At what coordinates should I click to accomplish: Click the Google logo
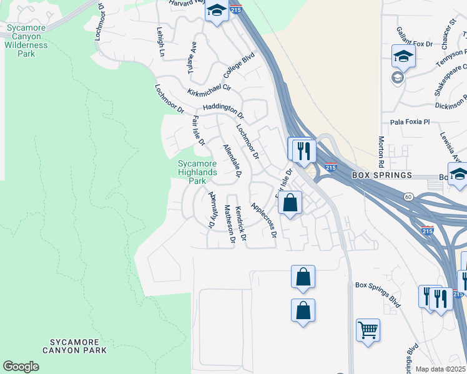pyautogui.click(x=21, y=367)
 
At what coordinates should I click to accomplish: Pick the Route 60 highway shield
pyautogui.click(x=408, y=196)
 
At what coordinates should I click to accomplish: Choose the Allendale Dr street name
pyautogui.click(x=232, y=160)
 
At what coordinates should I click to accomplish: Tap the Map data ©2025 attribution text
pyautogui.click(x=440, y=369)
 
